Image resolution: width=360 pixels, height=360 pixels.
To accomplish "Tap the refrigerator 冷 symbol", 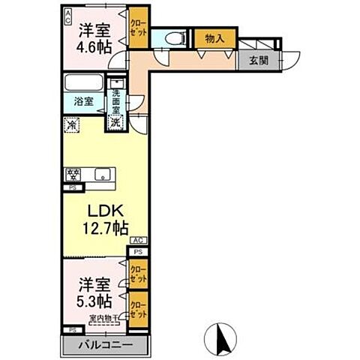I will (71, 127).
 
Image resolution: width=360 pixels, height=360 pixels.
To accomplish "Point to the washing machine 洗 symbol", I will (115, 121).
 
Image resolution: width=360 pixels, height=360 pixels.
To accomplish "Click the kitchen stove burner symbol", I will (73, 177).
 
